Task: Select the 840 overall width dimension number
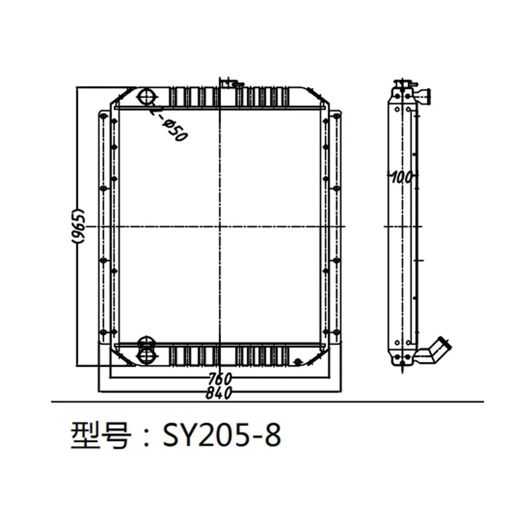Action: tap(219, 392)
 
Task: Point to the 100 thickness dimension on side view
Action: tap(401, 177)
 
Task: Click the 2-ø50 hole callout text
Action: tap(169, 124)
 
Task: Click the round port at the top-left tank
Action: tap(145, 97)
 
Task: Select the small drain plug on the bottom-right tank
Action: tap(298, 362)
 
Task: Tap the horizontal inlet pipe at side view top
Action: tap(425, 96)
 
